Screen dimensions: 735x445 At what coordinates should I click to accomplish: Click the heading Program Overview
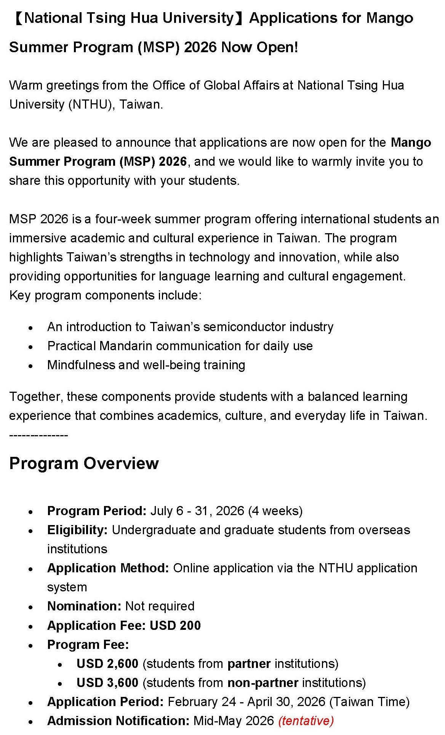tap(84, 463)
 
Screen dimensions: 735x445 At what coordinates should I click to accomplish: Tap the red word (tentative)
tap(306, 721)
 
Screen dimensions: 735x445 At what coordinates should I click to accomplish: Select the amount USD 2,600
tap(107, 664)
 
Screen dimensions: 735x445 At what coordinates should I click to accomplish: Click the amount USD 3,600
tap(107, 683)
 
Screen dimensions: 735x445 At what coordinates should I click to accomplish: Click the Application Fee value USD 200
tap(175, 626)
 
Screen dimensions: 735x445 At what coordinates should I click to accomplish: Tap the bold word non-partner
tap(263, 683)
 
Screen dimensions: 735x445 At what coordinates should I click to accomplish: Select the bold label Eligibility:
tap(77, 530)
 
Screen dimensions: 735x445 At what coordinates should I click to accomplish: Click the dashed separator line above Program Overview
tap(38, 435)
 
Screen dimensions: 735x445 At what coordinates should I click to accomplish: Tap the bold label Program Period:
tap(97, 511)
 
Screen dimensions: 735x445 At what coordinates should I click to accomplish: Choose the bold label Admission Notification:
tap(118, 721)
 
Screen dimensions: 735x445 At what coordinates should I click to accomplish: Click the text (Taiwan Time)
tap(369, 702)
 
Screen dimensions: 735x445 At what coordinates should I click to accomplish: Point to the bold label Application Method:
tap(108, 568)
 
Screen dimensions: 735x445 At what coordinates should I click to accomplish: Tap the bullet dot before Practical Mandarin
tap(31, 347)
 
